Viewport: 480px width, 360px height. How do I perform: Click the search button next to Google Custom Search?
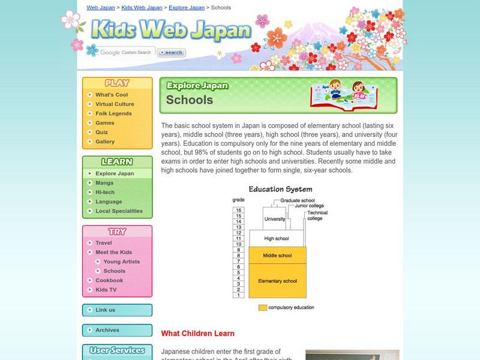coord(172,53)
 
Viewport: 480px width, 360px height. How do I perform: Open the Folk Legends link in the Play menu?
coord(113,113)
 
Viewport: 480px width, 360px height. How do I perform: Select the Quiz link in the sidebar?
coord(102,132)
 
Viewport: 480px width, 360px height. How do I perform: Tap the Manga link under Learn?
coord(104,183)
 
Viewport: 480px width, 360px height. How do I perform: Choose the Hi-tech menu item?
coord(105,192)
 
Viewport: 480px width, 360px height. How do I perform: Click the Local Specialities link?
coord(119,211)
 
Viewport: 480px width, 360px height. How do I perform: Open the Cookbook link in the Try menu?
coord(109,280)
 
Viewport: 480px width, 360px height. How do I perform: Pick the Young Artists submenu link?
coord(121,262)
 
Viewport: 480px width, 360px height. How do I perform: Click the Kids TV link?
coord(107,290)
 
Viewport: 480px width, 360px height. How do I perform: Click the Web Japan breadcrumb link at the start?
coord(101,8)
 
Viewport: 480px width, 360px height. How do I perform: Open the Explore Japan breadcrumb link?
coord(186,8)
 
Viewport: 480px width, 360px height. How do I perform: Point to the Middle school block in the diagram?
coord(277,256)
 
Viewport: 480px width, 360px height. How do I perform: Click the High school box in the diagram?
coord(277,238)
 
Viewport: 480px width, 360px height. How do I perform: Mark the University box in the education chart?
coord(275,219)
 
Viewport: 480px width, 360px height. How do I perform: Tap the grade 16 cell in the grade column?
coord(238,209)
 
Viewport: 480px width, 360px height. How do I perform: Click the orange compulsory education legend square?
coord(263,308)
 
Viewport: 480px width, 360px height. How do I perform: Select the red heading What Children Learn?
coord(198,334)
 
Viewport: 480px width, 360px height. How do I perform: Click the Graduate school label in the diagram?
coord(297,200)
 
